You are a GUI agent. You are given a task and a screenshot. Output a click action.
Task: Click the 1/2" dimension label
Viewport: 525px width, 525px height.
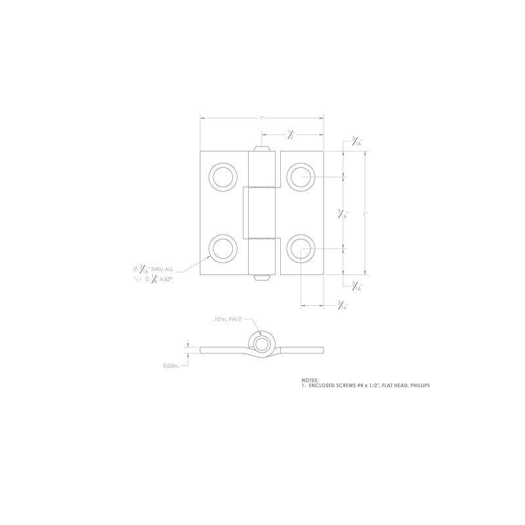(291, 135)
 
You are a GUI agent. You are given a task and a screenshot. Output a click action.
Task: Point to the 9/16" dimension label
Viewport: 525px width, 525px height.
(342, 213)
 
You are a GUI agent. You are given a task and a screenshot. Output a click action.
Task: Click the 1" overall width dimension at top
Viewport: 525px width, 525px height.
(261, 118)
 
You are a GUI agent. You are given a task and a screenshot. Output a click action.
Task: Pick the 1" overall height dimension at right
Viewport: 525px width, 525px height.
(366, 213)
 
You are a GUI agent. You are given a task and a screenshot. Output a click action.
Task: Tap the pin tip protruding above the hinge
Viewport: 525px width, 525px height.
(262, 148)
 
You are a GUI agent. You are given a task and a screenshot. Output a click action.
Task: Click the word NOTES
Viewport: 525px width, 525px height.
(309, 380)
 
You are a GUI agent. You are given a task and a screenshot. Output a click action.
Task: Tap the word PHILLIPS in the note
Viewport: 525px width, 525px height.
(417, 386)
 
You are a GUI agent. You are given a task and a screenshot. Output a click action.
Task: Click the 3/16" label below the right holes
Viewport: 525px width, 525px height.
(342, 305)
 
